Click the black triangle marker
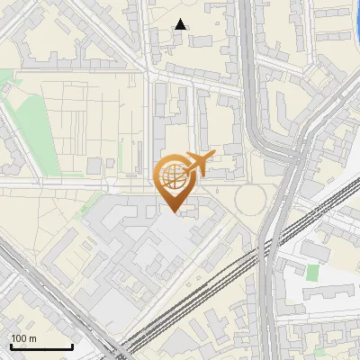coord(181,24)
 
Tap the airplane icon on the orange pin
coord(197,164)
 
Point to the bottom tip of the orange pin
coord(173,213)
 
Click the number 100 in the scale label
coord(19,338)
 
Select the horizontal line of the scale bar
coord(41,347)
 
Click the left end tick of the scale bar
coord(11,345)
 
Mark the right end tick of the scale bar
coord(72,345)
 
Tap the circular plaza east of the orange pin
coord(252,199)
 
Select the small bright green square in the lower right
coord(312,272)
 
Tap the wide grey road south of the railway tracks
coord(269,306)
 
